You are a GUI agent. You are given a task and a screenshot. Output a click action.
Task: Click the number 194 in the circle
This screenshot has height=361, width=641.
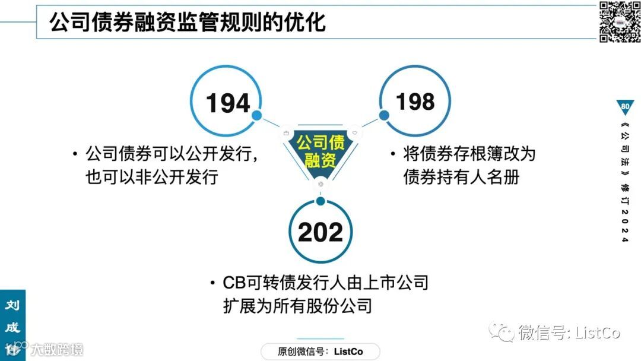228,103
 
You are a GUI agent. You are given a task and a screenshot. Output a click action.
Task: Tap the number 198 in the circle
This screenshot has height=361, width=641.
415,102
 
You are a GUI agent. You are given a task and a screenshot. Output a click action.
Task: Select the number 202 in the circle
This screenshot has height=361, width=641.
320,232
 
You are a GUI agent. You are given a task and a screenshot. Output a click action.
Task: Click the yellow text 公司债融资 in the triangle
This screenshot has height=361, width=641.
320,151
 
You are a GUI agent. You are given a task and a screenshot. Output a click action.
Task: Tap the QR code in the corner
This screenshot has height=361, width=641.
619,21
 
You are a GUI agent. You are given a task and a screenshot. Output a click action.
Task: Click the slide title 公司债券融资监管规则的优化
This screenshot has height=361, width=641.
188,23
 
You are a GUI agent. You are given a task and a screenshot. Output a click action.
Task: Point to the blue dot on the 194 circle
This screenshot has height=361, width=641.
257,115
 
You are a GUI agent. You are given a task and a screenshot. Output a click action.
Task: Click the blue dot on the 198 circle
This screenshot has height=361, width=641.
384,115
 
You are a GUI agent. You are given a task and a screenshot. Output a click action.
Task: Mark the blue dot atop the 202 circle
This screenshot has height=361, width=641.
320,201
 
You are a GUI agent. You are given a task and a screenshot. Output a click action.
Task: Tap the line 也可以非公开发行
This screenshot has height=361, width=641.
152,176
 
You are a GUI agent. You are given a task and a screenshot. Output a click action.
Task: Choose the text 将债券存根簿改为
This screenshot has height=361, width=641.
469,154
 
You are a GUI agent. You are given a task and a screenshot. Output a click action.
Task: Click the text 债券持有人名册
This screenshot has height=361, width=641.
461,176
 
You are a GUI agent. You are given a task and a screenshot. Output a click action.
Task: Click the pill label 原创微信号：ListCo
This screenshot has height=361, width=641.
320,351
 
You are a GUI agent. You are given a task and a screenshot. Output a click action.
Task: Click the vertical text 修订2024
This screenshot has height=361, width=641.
624,211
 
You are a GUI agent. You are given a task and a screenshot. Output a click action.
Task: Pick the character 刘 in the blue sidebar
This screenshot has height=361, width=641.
12,306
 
